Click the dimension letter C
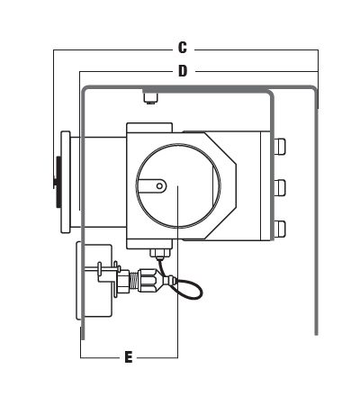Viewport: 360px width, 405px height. click(183, 48)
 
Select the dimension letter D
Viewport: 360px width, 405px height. click(183, 71)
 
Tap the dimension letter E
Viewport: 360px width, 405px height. click(129, 357)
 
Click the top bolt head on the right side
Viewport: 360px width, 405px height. click(280, 147)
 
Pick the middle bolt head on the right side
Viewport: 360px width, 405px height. click(280, 188)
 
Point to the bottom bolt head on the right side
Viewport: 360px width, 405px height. click(280, 229)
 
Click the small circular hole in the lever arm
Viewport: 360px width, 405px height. click(160, 186)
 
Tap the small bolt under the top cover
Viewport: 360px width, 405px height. click(150, 98)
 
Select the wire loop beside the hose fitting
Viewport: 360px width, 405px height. click(189, 287)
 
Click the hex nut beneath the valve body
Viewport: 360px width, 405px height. click(160, 254)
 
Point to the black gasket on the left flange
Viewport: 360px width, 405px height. click(58, 182)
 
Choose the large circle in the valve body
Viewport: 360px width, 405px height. click(178, 185)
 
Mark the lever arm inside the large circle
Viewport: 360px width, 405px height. click(151, 186)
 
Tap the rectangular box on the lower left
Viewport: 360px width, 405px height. click(94, 282)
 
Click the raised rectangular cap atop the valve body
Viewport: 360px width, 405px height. click(149, 127)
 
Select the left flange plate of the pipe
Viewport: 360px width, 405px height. click(66, 182)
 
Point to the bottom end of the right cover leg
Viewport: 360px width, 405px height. click(316, 334)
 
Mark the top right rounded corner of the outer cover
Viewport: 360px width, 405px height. click(314, 88)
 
